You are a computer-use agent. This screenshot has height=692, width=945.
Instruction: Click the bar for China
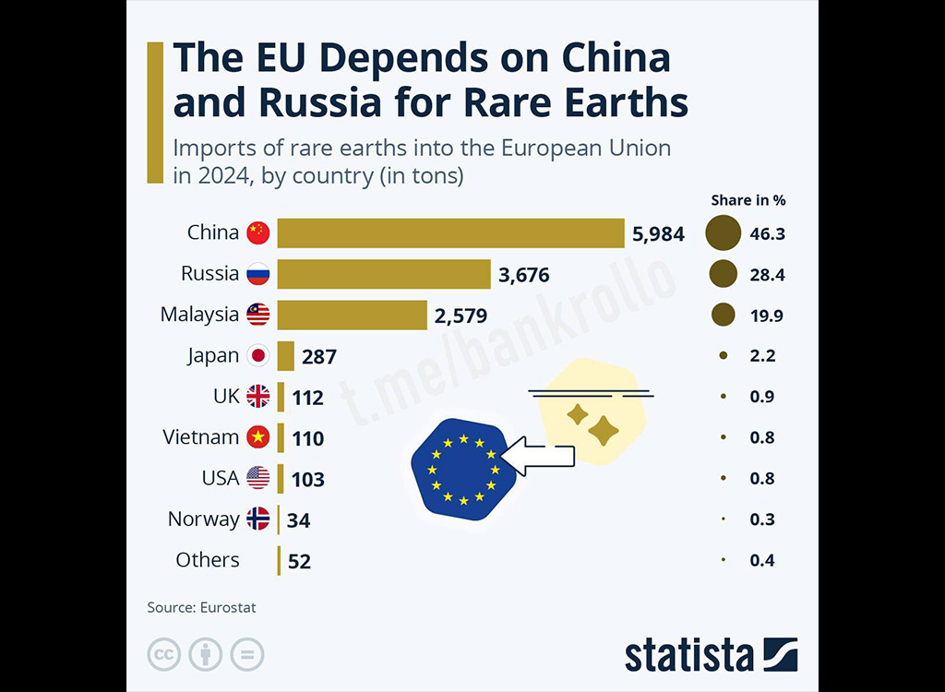pos(450,233)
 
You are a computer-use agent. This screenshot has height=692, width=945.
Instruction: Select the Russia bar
pos(384,274)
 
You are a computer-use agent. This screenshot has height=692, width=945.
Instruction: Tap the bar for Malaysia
pos(352,315)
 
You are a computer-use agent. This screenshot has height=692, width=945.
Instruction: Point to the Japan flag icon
pos(257,355)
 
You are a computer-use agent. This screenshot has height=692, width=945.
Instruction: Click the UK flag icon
pos(257,397)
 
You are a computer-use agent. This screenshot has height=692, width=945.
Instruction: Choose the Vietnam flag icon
pos(257,437)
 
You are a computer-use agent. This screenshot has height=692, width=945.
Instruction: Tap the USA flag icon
pos(257,478)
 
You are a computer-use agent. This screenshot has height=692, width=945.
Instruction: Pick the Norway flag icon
pos(257,519)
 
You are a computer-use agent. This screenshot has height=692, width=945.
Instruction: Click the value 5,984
pos(658,234)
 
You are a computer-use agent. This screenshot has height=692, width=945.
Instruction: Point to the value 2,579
pos(461,316)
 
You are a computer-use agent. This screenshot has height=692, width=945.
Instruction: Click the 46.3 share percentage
pos(767,234)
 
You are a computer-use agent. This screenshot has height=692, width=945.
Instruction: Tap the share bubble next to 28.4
pos(724,274)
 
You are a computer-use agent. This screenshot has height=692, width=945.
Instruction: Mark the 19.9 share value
pos(766,316)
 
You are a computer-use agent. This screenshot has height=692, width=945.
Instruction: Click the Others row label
pos(208,560)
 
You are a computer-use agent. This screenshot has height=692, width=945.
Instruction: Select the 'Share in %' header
pos(748,200)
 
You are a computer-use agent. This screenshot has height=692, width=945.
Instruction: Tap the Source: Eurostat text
pos(201,608)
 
